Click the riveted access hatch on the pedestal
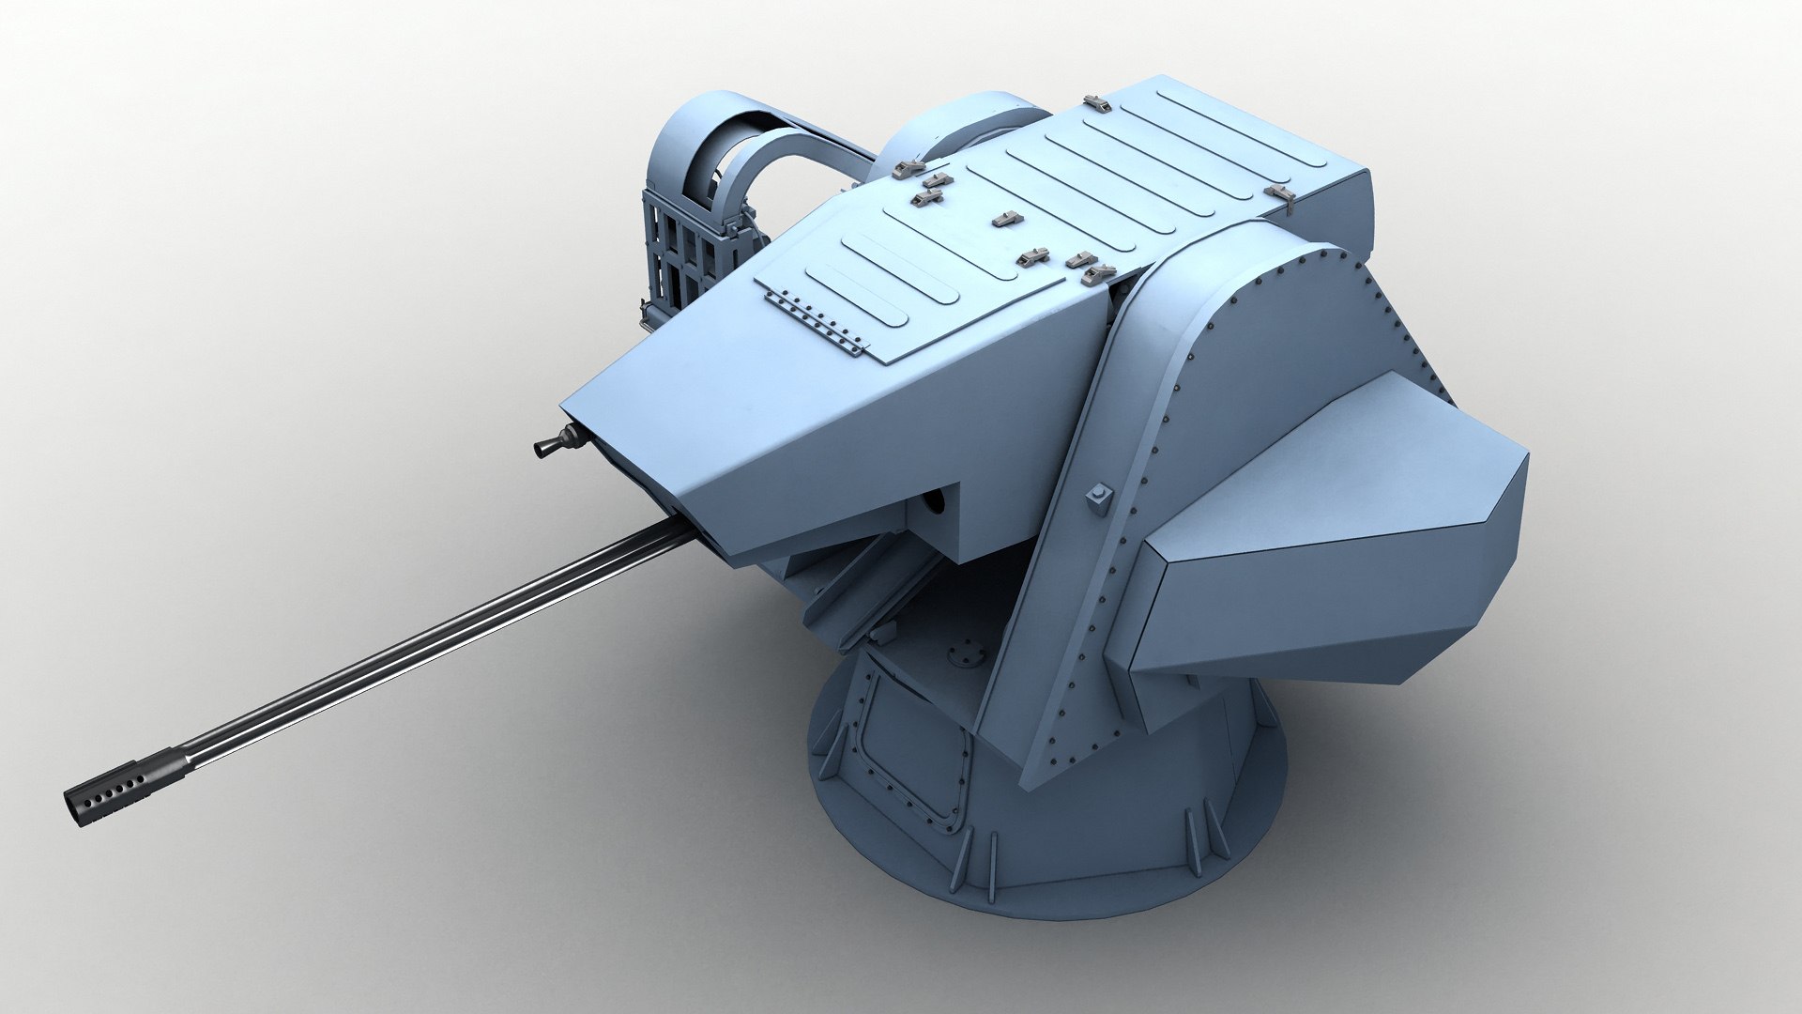915,751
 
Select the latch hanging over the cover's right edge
1284,194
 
